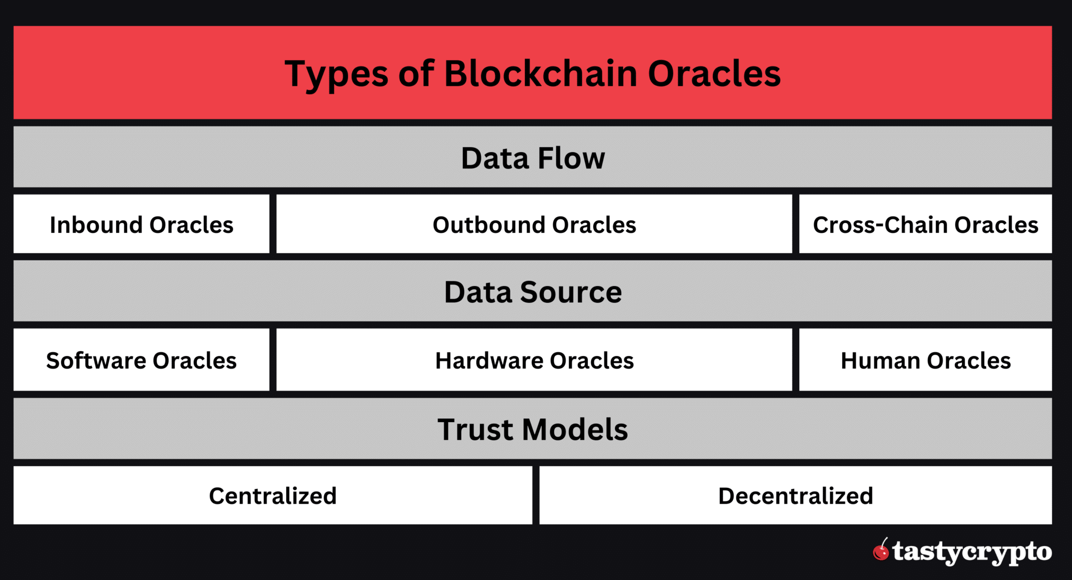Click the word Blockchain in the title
pos(540,73)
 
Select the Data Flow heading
pos(532,158)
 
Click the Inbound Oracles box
pos(141,225)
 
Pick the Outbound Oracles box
pos(534,225)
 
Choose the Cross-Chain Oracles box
pos(925,225)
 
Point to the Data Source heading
pos(532,292)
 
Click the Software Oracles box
pos(141,360)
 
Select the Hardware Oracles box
pos(534,360)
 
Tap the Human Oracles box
pos(925,360)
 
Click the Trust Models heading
pos(532,429)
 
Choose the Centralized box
pos(273,496)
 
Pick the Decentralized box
pos(795,496)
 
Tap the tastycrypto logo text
pos(972,552)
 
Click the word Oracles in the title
pos(714,73)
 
